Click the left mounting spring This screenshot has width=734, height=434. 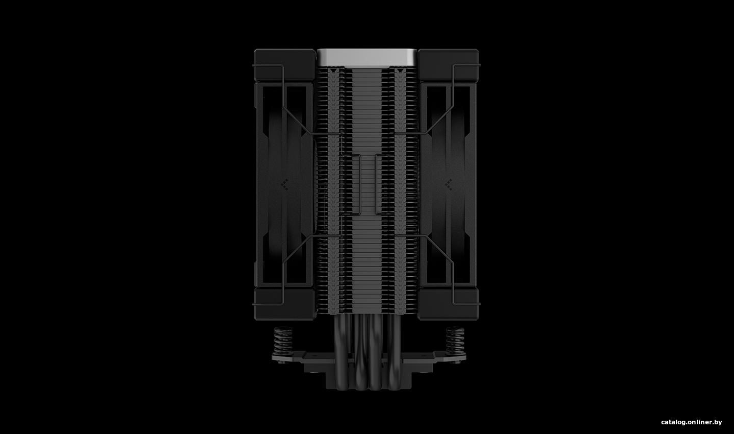283,341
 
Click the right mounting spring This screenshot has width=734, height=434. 455,341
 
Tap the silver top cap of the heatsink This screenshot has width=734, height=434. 366,58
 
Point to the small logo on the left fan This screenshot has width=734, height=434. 284,185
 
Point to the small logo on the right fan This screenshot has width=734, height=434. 448,185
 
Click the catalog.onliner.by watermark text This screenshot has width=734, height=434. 691,422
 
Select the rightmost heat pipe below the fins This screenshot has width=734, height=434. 392,351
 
